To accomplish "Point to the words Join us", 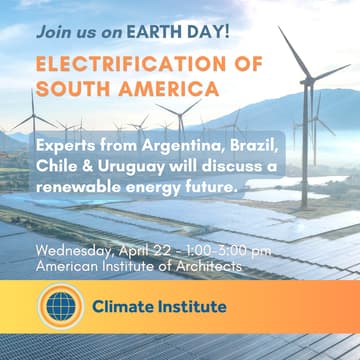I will (64, 30).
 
